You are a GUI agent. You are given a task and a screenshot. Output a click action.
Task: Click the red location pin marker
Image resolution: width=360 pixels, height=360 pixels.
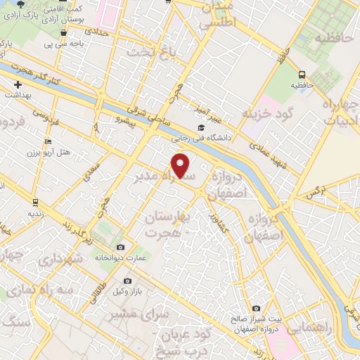point(181,166)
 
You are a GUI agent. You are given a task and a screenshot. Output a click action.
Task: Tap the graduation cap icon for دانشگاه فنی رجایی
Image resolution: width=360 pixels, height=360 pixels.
point(201,128)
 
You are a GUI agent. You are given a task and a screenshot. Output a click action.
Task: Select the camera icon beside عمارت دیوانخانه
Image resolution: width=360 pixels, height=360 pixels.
point(121,247)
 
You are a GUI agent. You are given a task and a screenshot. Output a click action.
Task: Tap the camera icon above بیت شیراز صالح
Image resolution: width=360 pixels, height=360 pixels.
point(255,308)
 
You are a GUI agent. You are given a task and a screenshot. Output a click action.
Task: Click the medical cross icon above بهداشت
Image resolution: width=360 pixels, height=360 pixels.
point(18,84)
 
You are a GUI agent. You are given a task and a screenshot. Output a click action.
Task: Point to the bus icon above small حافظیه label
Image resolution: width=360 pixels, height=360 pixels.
point(302,75)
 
